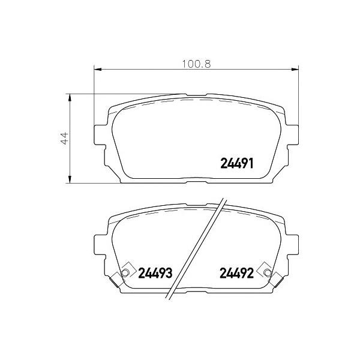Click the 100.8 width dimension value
[x=196, y=64]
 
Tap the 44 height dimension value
[x=65, y=138]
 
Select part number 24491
[x=237, y=164]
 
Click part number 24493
[x=155, y=273]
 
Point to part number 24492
[x=237, y=273]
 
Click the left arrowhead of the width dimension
[x=98, y=70]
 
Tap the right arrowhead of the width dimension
[x=295, y=70]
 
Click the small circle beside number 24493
[x=125, y=273]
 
